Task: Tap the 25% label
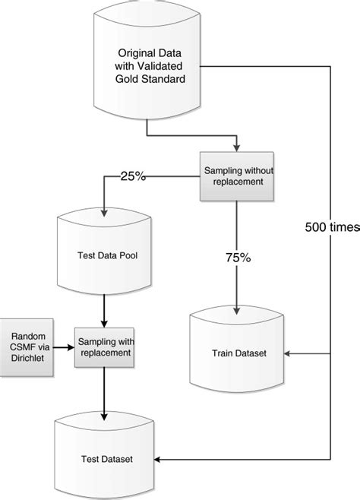click(x=133, y=176)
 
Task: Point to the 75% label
click(x=238, y=258)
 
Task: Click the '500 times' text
click(x=332, y=226)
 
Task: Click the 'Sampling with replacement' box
click(x=102, y=347)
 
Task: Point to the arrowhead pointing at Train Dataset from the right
click(x=286, y=354)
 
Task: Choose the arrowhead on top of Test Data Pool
click(x=102, y=212)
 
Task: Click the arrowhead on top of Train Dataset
click(x=238, y=309)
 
